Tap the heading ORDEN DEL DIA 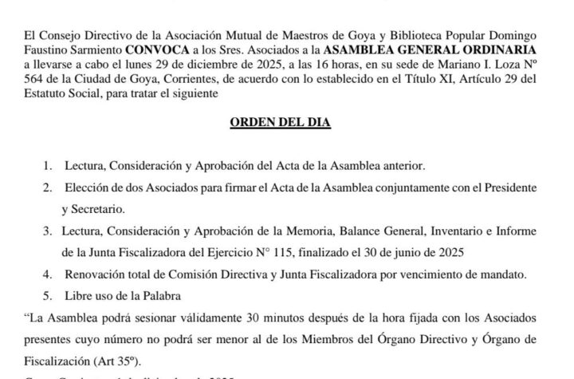(286, 125)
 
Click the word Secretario (98, 211)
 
